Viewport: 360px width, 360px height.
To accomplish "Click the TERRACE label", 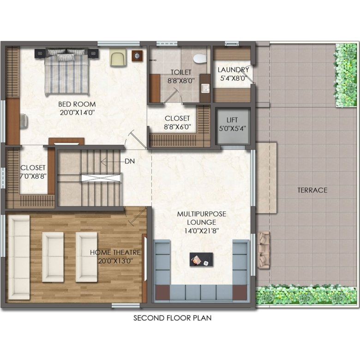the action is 312,190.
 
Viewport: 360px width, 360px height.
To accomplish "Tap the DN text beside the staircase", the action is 130,162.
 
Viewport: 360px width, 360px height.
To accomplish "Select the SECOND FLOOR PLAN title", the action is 173,318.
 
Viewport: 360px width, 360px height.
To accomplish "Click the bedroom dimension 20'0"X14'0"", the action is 78,113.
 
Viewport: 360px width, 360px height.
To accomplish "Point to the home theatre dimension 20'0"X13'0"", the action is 116,261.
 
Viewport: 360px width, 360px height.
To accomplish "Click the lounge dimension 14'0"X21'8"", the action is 202,231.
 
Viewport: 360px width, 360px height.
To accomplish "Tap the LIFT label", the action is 232,120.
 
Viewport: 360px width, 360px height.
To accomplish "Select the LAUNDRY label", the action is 233,70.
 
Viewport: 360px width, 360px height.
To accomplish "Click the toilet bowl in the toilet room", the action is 199,58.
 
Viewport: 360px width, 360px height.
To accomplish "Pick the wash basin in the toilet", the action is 205,88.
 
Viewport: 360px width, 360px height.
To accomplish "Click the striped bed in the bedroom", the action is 67,72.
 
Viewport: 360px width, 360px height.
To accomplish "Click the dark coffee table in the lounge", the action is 201,259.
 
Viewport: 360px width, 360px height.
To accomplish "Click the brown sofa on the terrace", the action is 264,250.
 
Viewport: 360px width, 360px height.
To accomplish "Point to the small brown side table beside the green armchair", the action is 137,55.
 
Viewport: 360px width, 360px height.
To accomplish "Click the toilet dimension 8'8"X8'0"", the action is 181,81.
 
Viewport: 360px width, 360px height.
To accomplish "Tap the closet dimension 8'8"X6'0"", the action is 178,127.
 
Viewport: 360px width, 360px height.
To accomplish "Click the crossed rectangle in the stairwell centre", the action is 101,178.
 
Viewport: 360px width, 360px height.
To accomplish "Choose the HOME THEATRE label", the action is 115,252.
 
